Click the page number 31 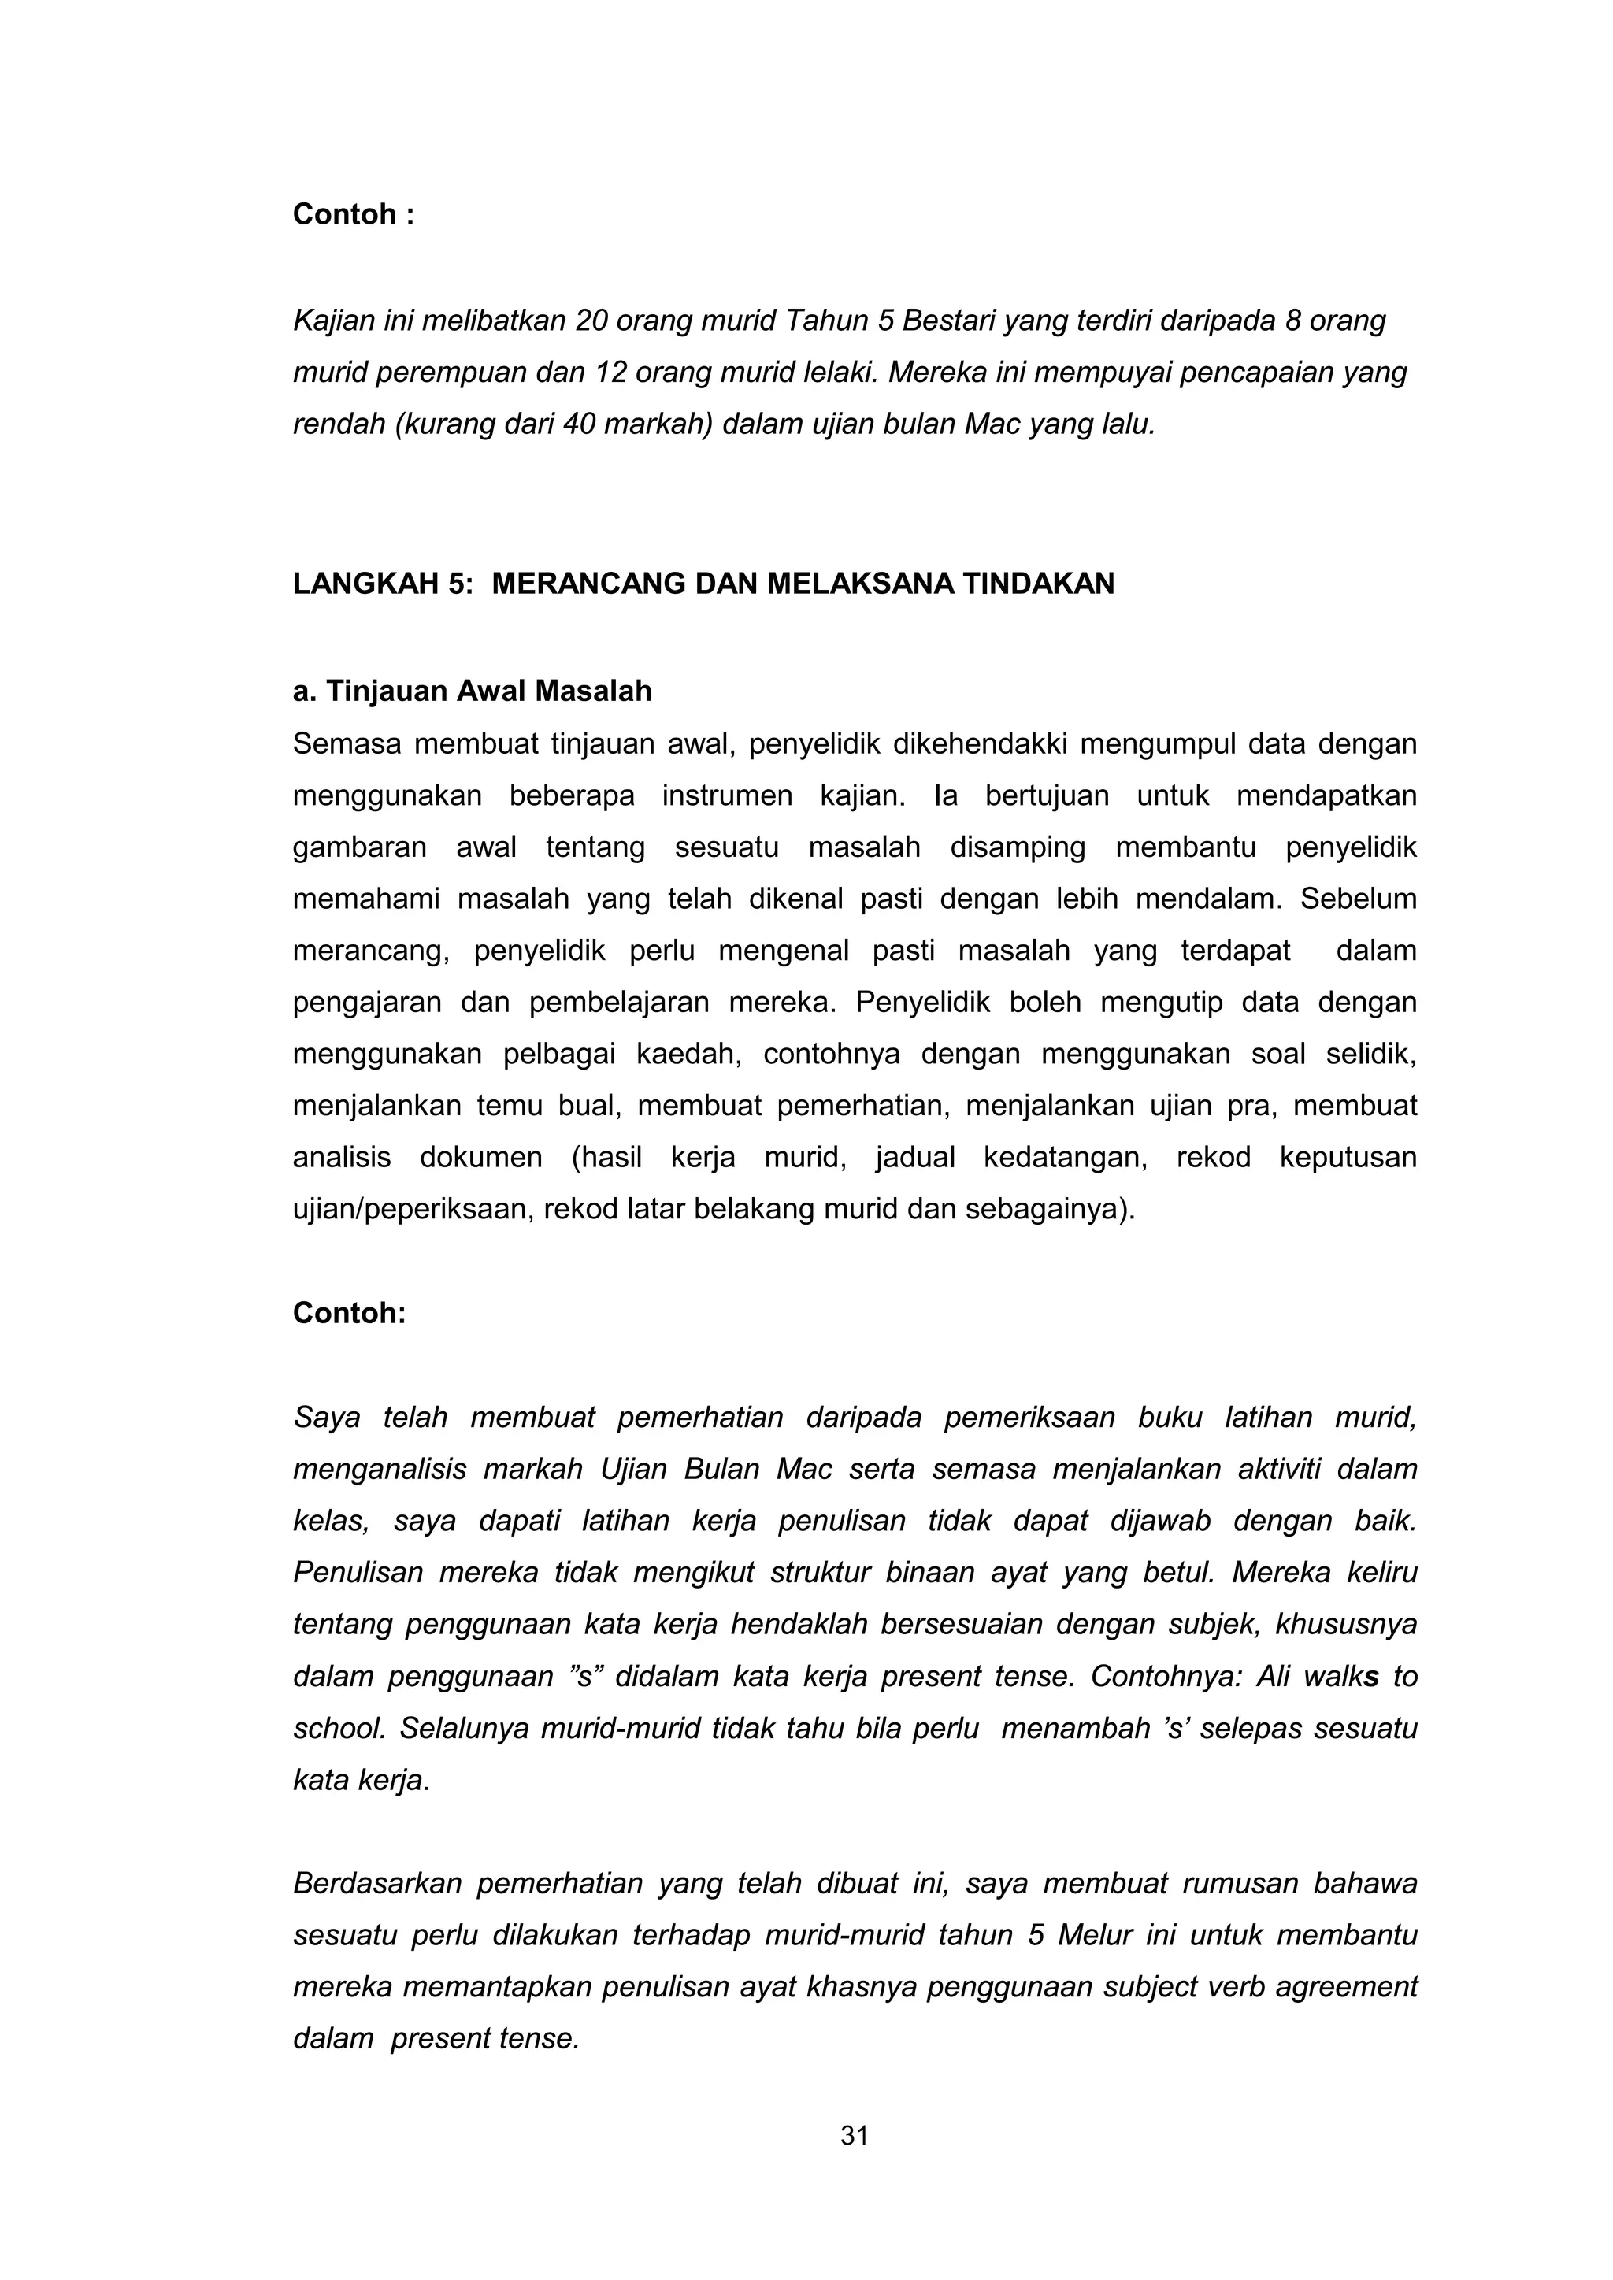coord(855,2137)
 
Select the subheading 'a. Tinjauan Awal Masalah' coord(472,691)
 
